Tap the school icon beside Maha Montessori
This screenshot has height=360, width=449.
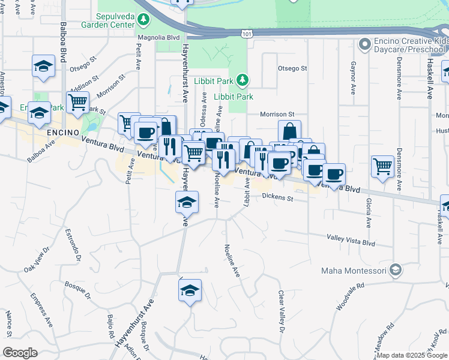(395, 270)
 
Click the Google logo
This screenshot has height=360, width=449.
(20, 353)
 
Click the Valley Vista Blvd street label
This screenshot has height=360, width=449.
(351, 241)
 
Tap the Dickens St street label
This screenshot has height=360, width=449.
(278, 198)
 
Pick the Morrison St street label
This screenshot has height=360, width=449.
(277, 114)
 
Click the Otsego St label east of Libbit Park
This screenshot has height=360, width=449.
(292, 69)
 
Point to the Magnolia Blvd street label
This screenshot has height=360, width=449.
(158, 37)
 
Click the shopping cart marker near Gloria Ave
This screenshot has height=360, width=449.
(382, 166)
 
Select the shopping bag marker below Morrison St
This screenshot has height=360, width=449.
(289, 130)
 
